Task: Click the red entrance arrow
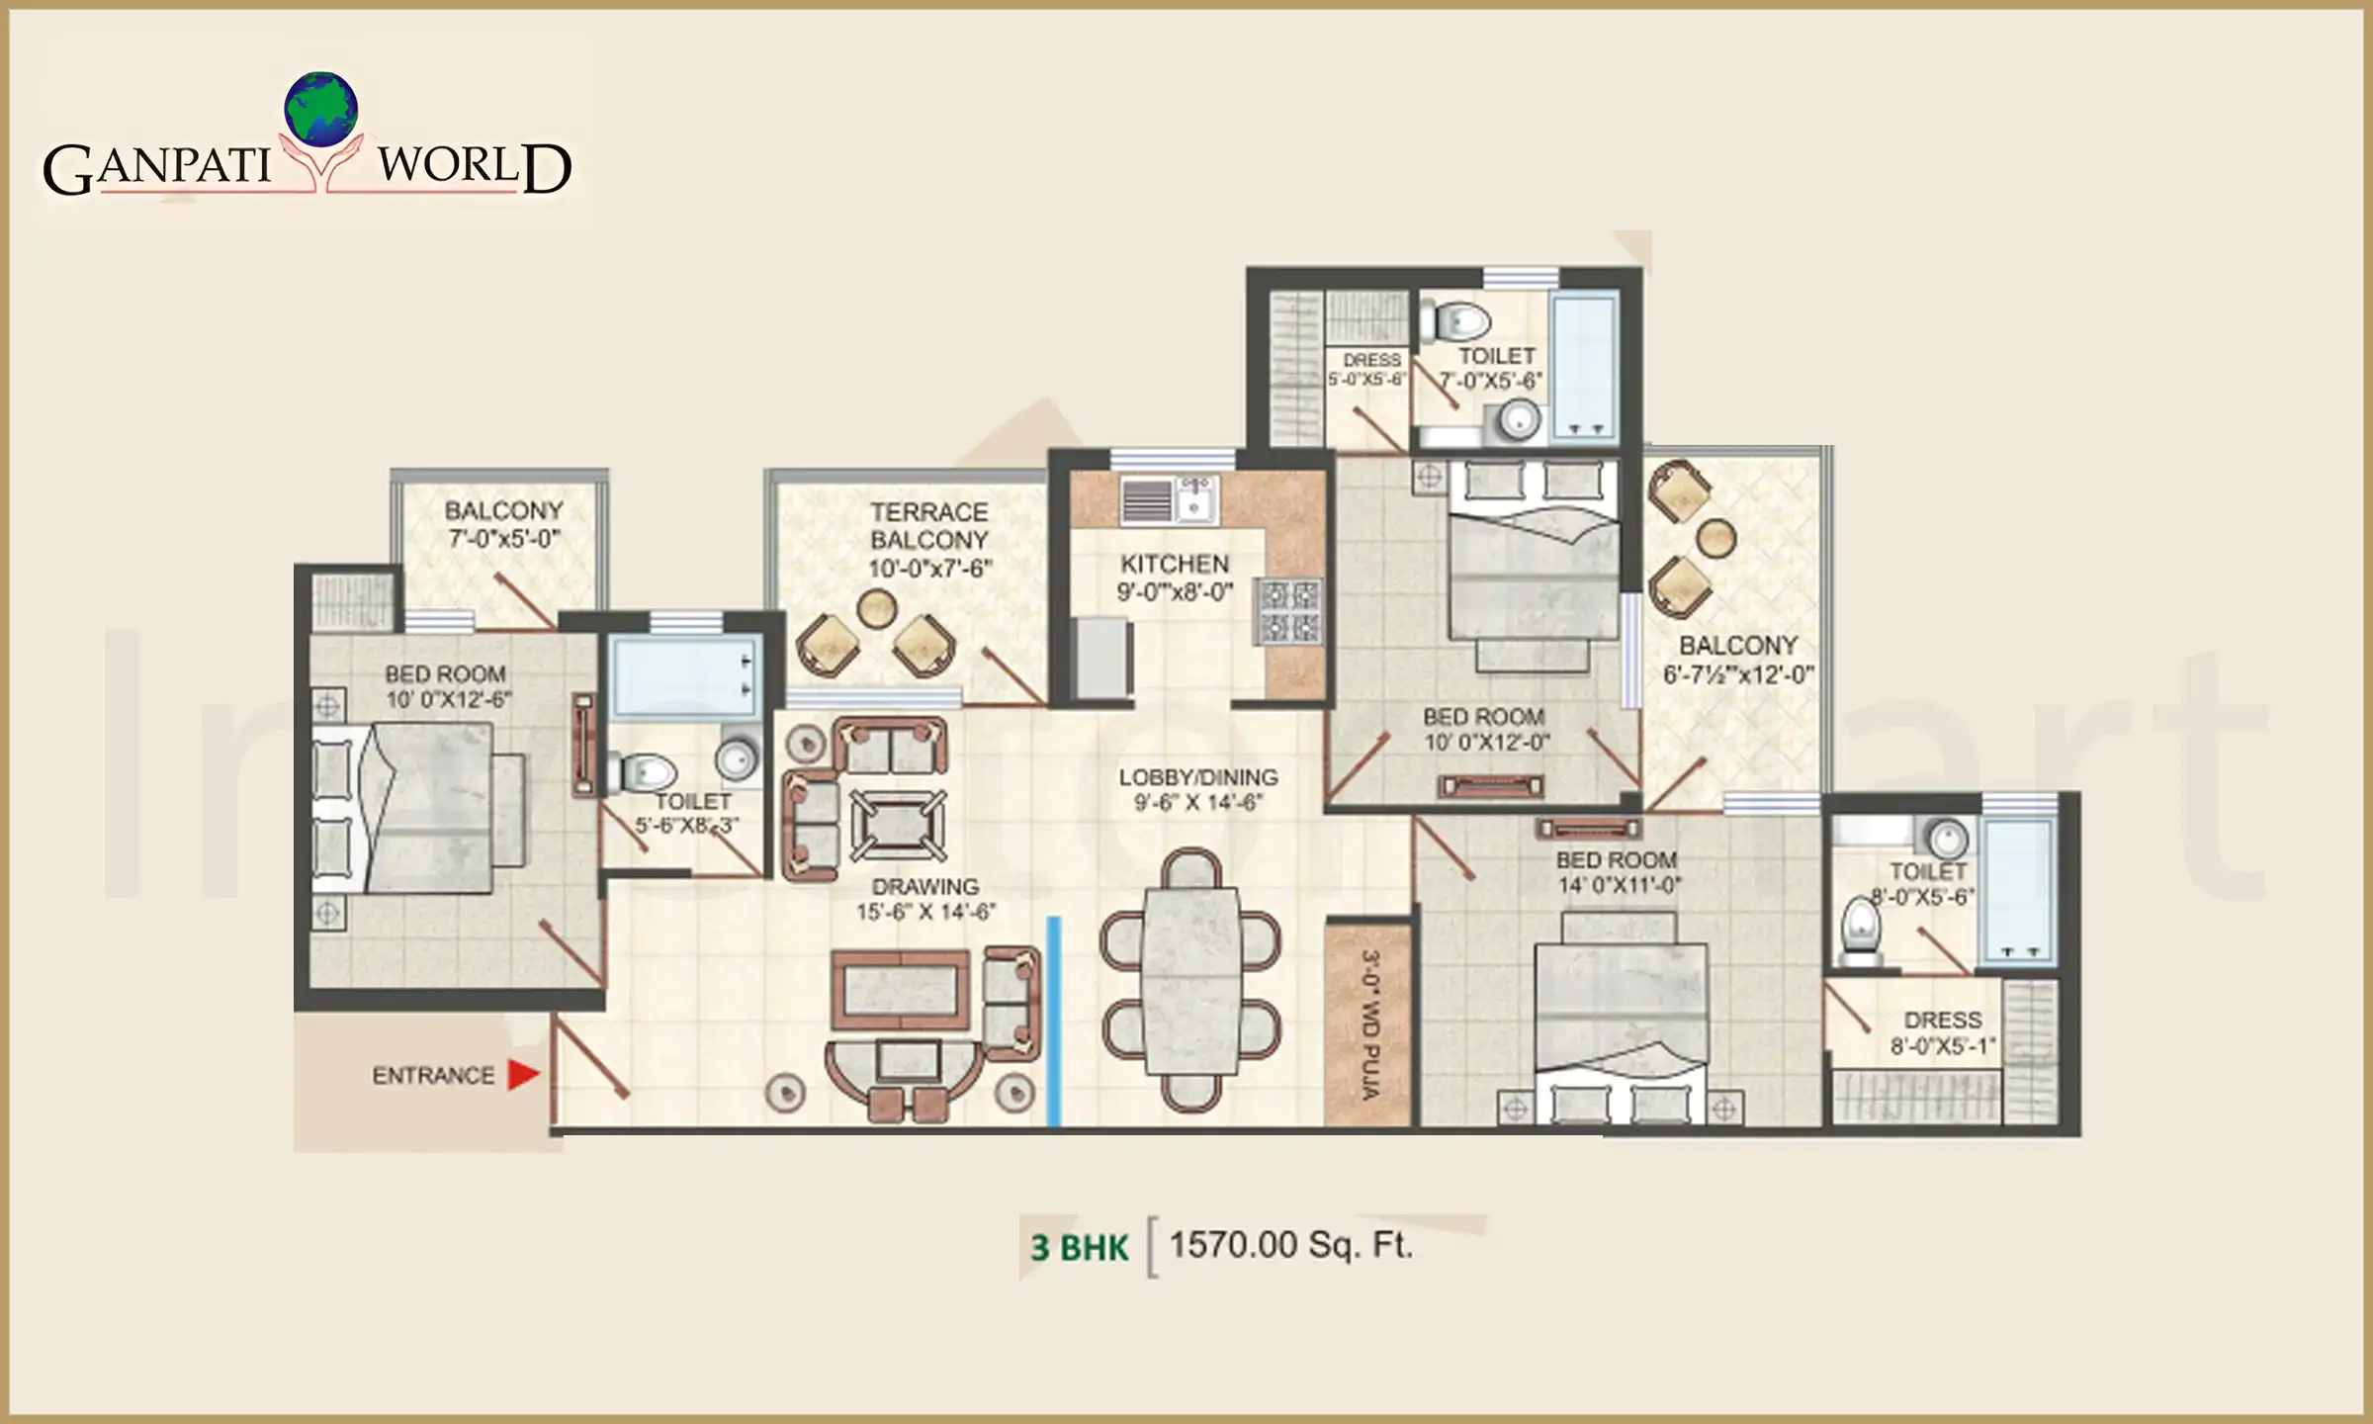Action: (x=523, y=1075)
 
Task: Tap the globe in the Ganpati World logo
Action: (x=320, y=109)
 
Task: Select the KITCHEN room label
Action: (x=1175, y=564)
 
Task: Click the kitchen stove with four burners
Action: (x=1289, y=611)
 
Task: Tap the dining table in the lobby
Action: (x=1190, y=981)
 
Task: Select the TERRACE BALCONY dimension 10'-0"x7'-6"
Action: (x=929, y=569)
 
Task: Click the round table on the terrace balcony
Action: (x=876, y=609)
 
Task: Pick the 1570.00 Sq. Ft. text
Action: (x=1290, y=1245)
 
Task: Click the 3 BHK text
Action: (x=1079, y=1248)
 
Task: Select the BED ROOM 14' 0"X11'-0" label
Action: (x=1618, y=872)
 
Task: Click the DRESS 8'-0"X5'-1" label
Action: (x=1943, y=1032)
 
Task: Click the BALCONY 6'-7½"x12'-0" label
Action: (x=1738, y=660)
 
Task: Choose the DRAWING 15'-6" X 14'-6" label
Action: (x=925, y=899)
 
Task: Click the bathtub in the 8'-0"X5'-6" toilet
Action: (x=2018, y=893)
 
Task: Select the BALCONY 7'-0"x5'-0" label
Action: (x=504, y=524)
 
